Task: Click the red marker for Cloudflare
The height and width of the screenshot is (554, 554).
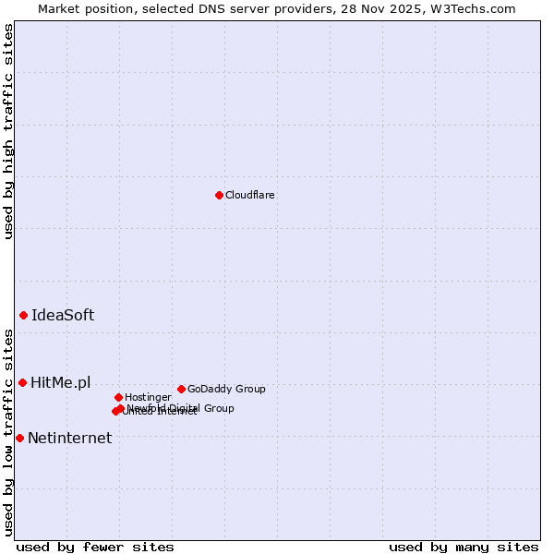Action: point(219,195)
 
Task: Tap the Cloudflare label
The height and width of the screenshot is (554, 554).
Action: point(250,195)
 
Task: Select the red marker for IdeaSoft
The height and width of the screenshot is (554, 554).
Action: point(23,315)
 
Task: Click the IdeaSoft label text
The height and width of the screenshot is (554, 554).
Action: point(63,315)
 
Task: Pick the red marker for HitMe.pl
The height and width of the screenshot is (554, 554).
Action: point(22,382)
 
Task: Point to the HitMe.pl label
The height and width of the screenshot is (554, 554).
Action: point(61,382)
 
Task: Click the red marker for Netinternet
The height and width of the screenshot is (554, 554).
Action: point(19,438)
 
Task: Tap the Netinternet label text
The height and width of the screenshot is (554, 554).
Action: point(69,438)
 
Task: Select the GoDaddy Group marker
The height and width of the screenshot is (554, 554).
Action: point(181,389)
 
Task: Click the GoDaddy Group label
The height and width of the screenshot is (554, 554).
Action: point(226,389)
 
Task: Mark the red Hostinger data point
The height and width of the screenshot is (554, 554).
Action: point(118,397)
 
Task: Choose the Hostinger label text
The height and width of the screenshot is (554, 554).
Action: point(148,397)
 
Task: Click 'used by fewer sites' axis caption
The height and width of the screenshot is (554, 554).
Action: point(95,547)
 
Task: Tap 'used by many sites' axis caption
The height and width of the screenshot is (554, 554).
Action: point(464,547)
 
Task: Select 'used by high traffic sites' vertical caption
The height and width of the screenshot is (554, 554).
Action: point(8,131)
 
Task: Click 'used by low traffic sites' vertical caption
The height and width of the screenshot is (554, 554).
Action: point(8,431)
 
